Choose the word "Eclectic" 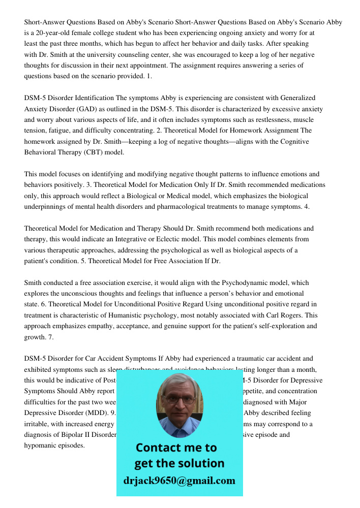[213, 239]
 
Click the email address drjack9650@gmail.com [179, 481]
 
